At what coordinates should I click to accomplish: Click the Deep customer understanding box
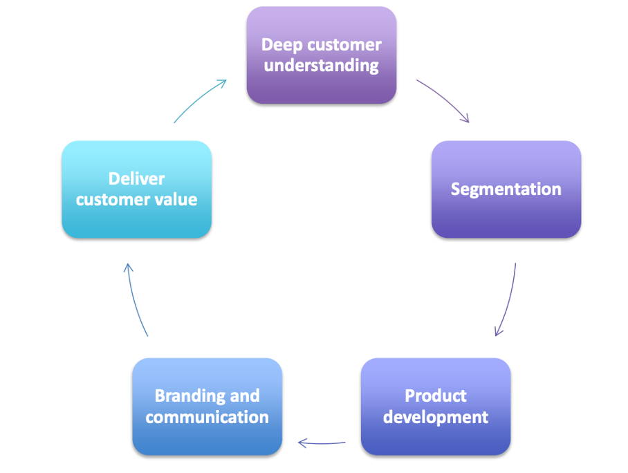click(322, 55)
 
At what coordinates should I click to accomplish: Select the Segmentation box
click(506, 189)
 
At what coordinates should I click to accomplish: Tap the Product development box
click(436, 407)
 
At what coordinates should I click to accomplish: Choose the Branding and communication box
click(207, 407)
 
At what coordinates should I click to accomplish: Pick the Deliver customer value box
click(136, 189)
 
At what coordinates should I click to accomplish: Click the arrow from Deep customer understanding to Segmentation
click(445, 100)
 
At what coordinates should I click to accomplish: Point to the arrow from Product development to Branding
click(322, 443)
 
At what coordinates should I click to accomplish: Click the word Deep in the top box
click(280, 45)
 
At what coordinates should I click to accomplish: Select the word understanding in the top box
click(322, 66)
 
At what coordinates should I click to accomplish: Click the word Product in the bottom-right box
click(436, 396)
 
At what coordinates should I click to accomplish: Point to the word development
click(436, 418)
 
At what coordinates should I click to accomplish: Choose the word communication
click(207, 418)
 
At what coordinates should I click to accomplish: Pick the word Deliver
click(136, 179)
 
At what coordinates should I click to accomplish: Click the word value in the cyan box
click(178, 200)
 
